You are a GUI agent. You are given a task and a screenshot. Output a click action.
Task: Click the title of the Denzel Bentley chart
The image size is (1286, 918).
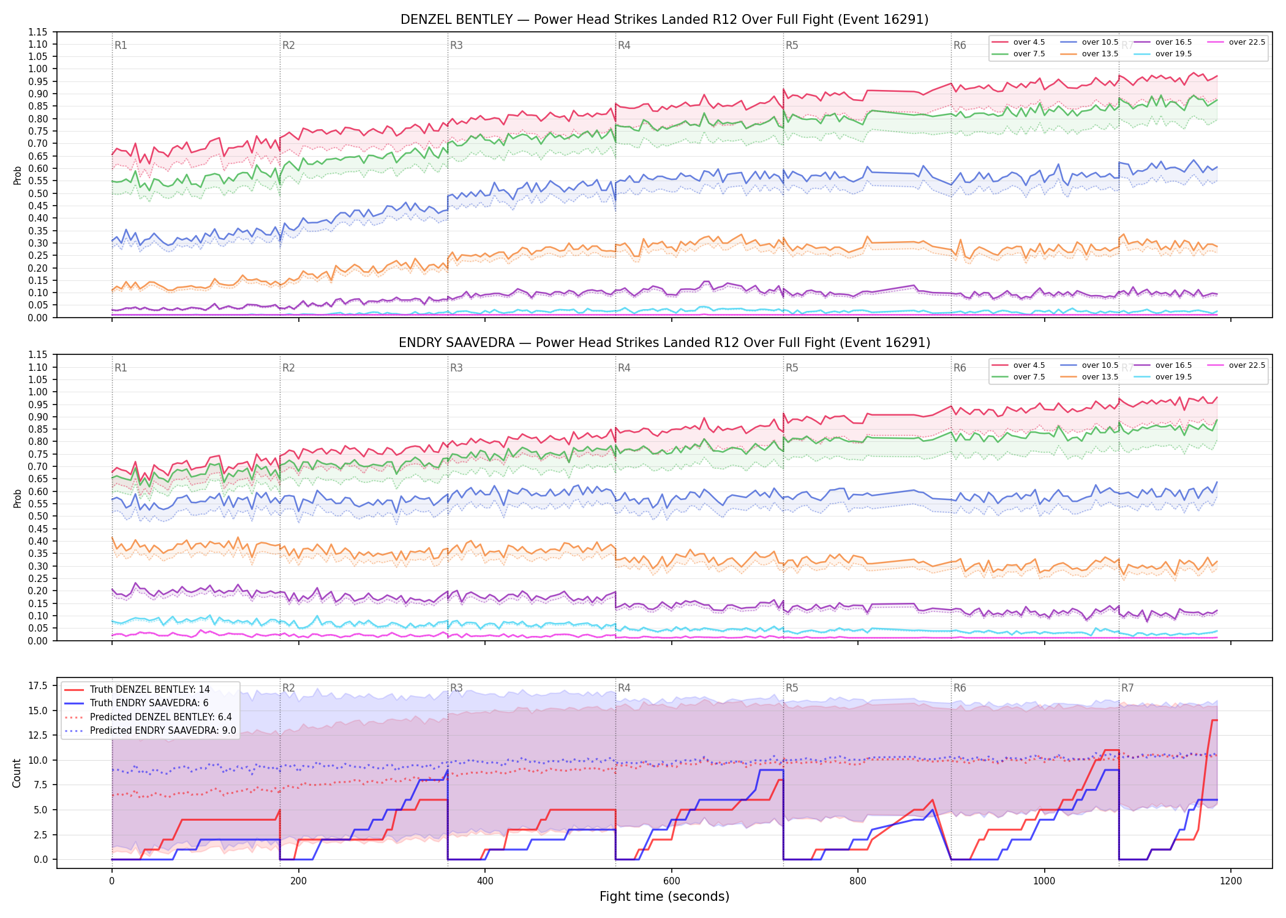point(664,20)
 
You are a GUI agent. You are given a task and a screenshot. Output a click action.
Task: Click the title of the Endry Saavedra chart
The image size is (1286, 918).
point(664,343)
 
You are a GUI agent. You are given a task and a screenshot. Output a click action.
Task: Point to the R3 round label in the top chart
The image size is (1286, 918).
point(456,45)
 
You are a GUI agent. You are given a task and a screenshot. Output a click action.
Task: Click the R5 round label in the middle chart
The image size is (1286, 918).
point(792,368)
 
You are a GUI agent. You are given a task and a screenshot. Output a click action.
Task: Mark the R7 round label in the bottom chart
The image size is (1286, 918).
point(1127,688)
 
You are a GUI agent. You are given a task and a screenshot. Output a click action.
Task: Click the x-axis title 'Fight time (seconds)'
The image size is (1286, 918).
point(664,897)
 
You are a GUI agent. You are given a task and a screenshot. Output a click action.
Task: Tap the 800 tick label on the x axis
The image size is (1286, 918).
point(858,881)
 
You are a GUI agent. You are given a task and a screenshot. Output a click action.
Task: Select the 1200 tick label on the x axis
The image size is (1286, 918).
point(1231,881)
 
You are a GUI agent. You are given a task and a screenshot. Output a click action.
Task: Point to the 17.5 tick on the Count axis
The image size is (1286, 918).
point(38,685)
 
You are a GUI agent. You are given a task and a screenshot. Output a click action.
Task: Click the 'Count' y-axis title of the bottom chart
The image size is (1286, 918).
point(17,773)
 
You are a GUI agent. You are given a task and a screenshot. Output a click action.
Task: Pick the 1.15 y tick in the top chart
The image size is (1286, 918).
point(38,32)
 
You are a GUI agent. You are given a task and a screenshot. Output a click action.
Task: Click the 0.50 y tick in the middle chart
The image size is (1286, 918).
point(38,516)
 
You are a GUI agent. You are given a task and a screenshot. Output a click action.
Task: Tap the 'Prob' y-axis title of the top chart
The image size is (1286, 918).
point(17,175)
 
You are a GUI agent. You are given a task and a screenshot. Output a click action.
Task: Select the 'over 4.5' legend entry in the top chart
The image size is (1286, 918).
point(1018,42)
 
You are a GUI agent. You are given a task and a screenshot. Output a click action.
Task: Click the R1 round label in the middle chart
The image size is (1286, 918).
point(121,368)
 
